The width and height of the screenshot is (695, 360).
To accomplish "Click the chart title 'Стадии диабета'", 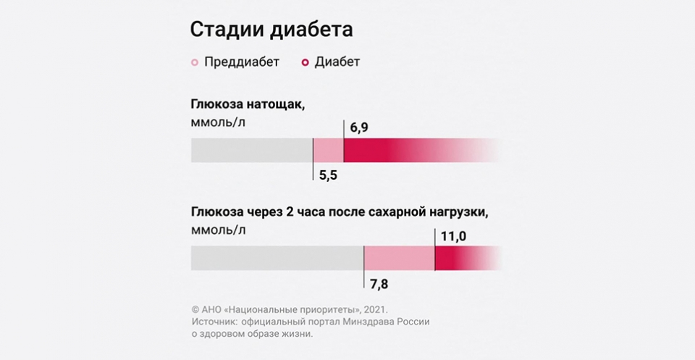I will click(271, 30).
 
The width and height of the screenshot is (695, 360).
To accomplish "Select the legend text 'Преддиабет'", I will click(242, 62).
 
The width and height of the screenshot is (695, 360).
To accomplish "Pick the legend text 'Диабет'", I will click(337, 62).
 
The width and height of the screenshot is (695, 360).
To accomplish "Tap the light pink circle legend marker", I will click(194, 62).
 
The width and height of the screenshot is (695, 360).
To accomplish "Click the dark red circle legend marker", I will click(305, 62).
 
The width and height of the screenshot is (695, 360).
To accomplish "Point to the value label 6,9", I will click(361, 127).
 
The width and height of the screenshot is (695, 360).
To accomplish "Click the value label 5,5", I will click(328, 175).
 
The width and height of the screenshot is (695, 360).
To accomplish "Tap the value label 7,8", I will click(378, 282).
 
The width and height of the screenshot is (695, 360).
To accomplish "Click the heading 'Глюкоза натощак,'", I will click(248, 104).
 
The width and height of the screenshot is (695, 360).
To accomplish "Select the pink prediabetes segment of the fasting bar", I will click(328, 150).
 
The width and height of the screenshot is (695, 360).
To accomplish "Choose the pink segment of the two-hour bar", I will click(398, 258).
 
